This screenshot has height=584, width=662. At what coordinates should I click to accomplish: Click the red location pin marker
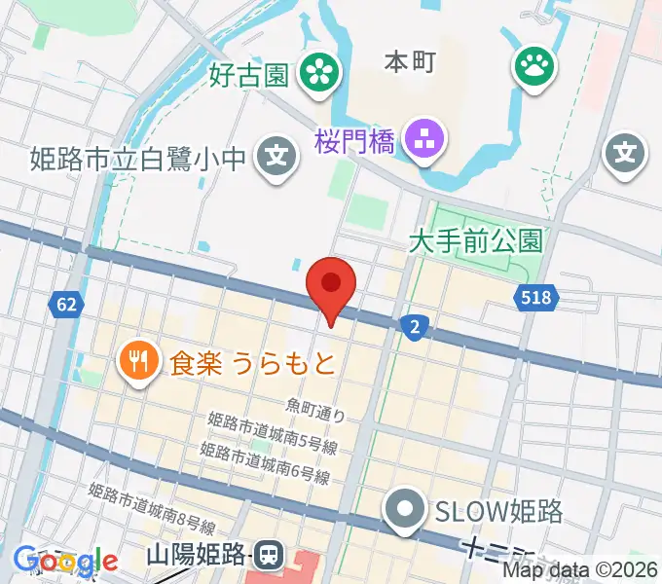[x=331, y=285]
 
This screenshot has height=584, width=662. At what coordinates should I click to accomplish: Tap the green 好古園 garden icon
[x=317, y=71]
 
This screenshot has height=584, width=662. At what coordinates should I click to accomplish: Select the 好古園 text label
[x=247, y=74]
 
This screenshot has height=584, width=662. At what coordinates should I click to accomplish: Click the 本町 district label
[x=409, y=61]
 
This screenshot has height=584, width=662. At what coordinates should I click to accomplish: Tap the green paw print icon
[x=534, y=67]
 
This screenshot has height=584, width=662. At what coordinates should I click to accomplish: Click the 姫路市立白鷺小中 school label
[x=137, y=156]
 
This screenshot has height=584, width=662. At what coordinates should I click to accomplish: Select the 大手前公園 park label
[x=475, y=239]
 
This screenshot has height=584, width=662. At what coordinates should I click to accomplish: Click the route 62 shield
[x=65, y=305]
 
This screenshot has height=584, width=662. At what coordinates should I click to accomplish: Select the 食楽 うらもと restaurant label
[x=252, y=364]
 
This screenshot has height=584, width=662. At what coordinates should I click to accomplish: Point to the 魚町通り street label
[x=316, y=409]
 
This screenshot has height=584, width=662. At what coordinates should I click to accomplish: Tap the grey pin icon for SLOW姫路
[x=404, y=509]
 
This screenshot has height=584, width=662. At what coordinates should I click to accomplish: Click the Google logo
[x=65, y=561]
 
